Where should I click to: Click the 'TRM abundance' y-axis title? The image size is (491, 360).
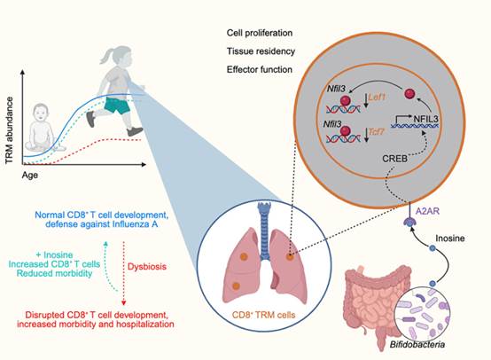(x=10, y=130)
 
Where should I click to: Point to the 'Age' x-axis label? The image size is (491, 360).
(x=30, y=175)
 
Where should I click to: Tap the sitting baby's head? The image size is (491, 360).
(x=41, y=113)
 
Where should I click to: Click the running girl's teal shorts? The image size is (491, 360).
(x=117, y=106)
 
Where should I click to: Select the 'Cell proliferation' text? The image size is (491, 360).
(x=260, y=33)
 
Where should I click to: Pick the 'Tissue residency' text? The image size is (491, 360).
(x=261, y=51)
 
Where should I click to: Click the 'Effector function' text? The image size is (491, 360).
(x=260, y=69)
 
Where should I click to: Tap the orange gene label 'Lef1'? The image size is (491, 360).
(x=377, y=98)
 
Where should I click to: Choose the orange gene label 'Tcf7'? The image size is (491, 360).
(x=376, y=131)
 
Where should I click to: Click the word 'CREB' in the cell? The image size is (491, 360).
(x=394, y=159)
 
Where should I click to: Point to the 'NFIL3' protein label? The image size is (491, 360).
(x=426, y=119)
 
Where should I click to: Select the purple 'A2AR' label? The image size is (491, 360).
(x=427, y=211)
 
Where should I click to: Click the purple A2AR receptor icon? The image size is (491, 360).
(x=409, y=221)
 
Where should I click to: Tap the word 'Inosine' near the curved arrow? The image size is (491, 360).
(x=450, y=239)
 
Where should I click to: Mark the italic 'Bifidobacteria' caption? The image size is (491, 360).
(x=417, y=345)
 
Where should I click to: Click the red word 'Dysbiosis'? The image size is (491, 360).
(x=147, y=267)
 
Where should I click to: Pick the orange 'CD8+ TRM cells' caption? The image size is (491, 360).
(x=263, y=315)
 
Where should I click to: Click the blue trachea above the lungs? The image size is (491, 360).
(x=265, y=231)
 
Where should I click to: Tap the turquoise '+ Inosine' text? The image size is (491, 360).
(x=54, y=254)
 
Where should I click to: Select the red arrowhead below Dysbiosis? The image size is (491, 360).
(x=124, y=303)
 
